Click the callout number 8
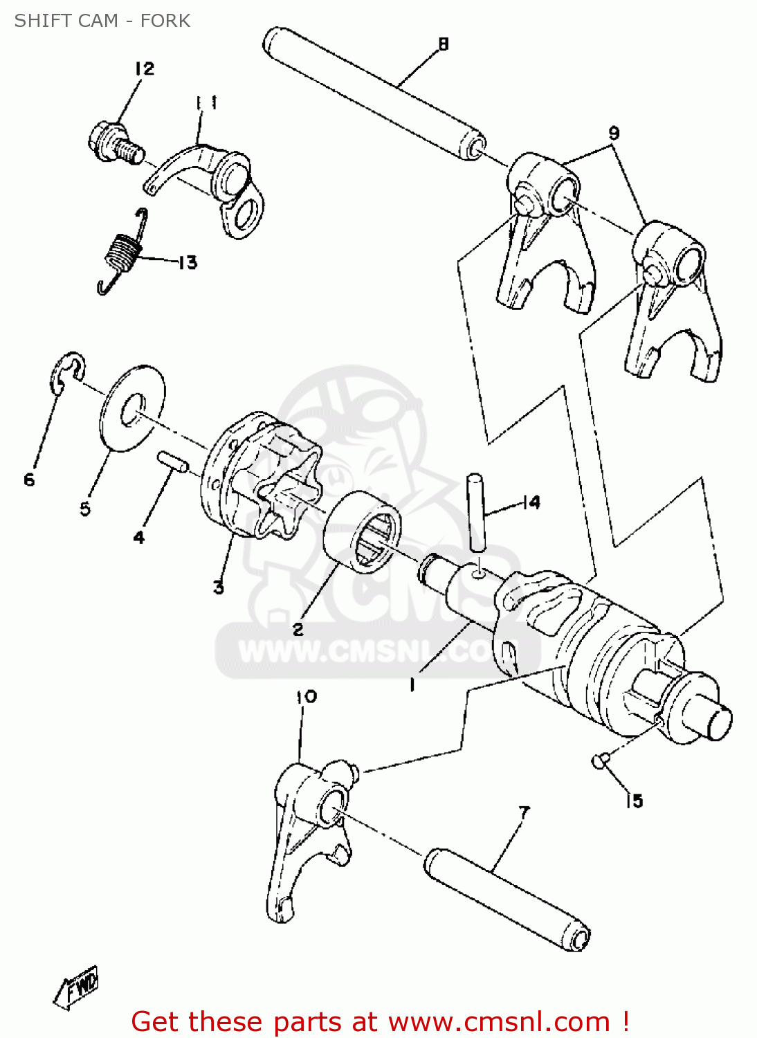[444, 44]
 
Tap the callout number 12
[145, 69]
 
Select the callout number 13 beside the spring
[188, 263]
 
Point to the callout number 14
[531, 503]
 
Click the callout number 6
[29, 480]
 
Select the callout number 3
[218, 588]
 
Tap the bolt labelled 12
[116, 143]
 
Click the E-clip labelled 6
[68, 374]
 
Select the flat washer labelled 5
[133, 408]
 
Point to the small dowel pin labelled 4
[172, 462]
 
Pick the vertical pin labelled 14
[476, 512]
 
